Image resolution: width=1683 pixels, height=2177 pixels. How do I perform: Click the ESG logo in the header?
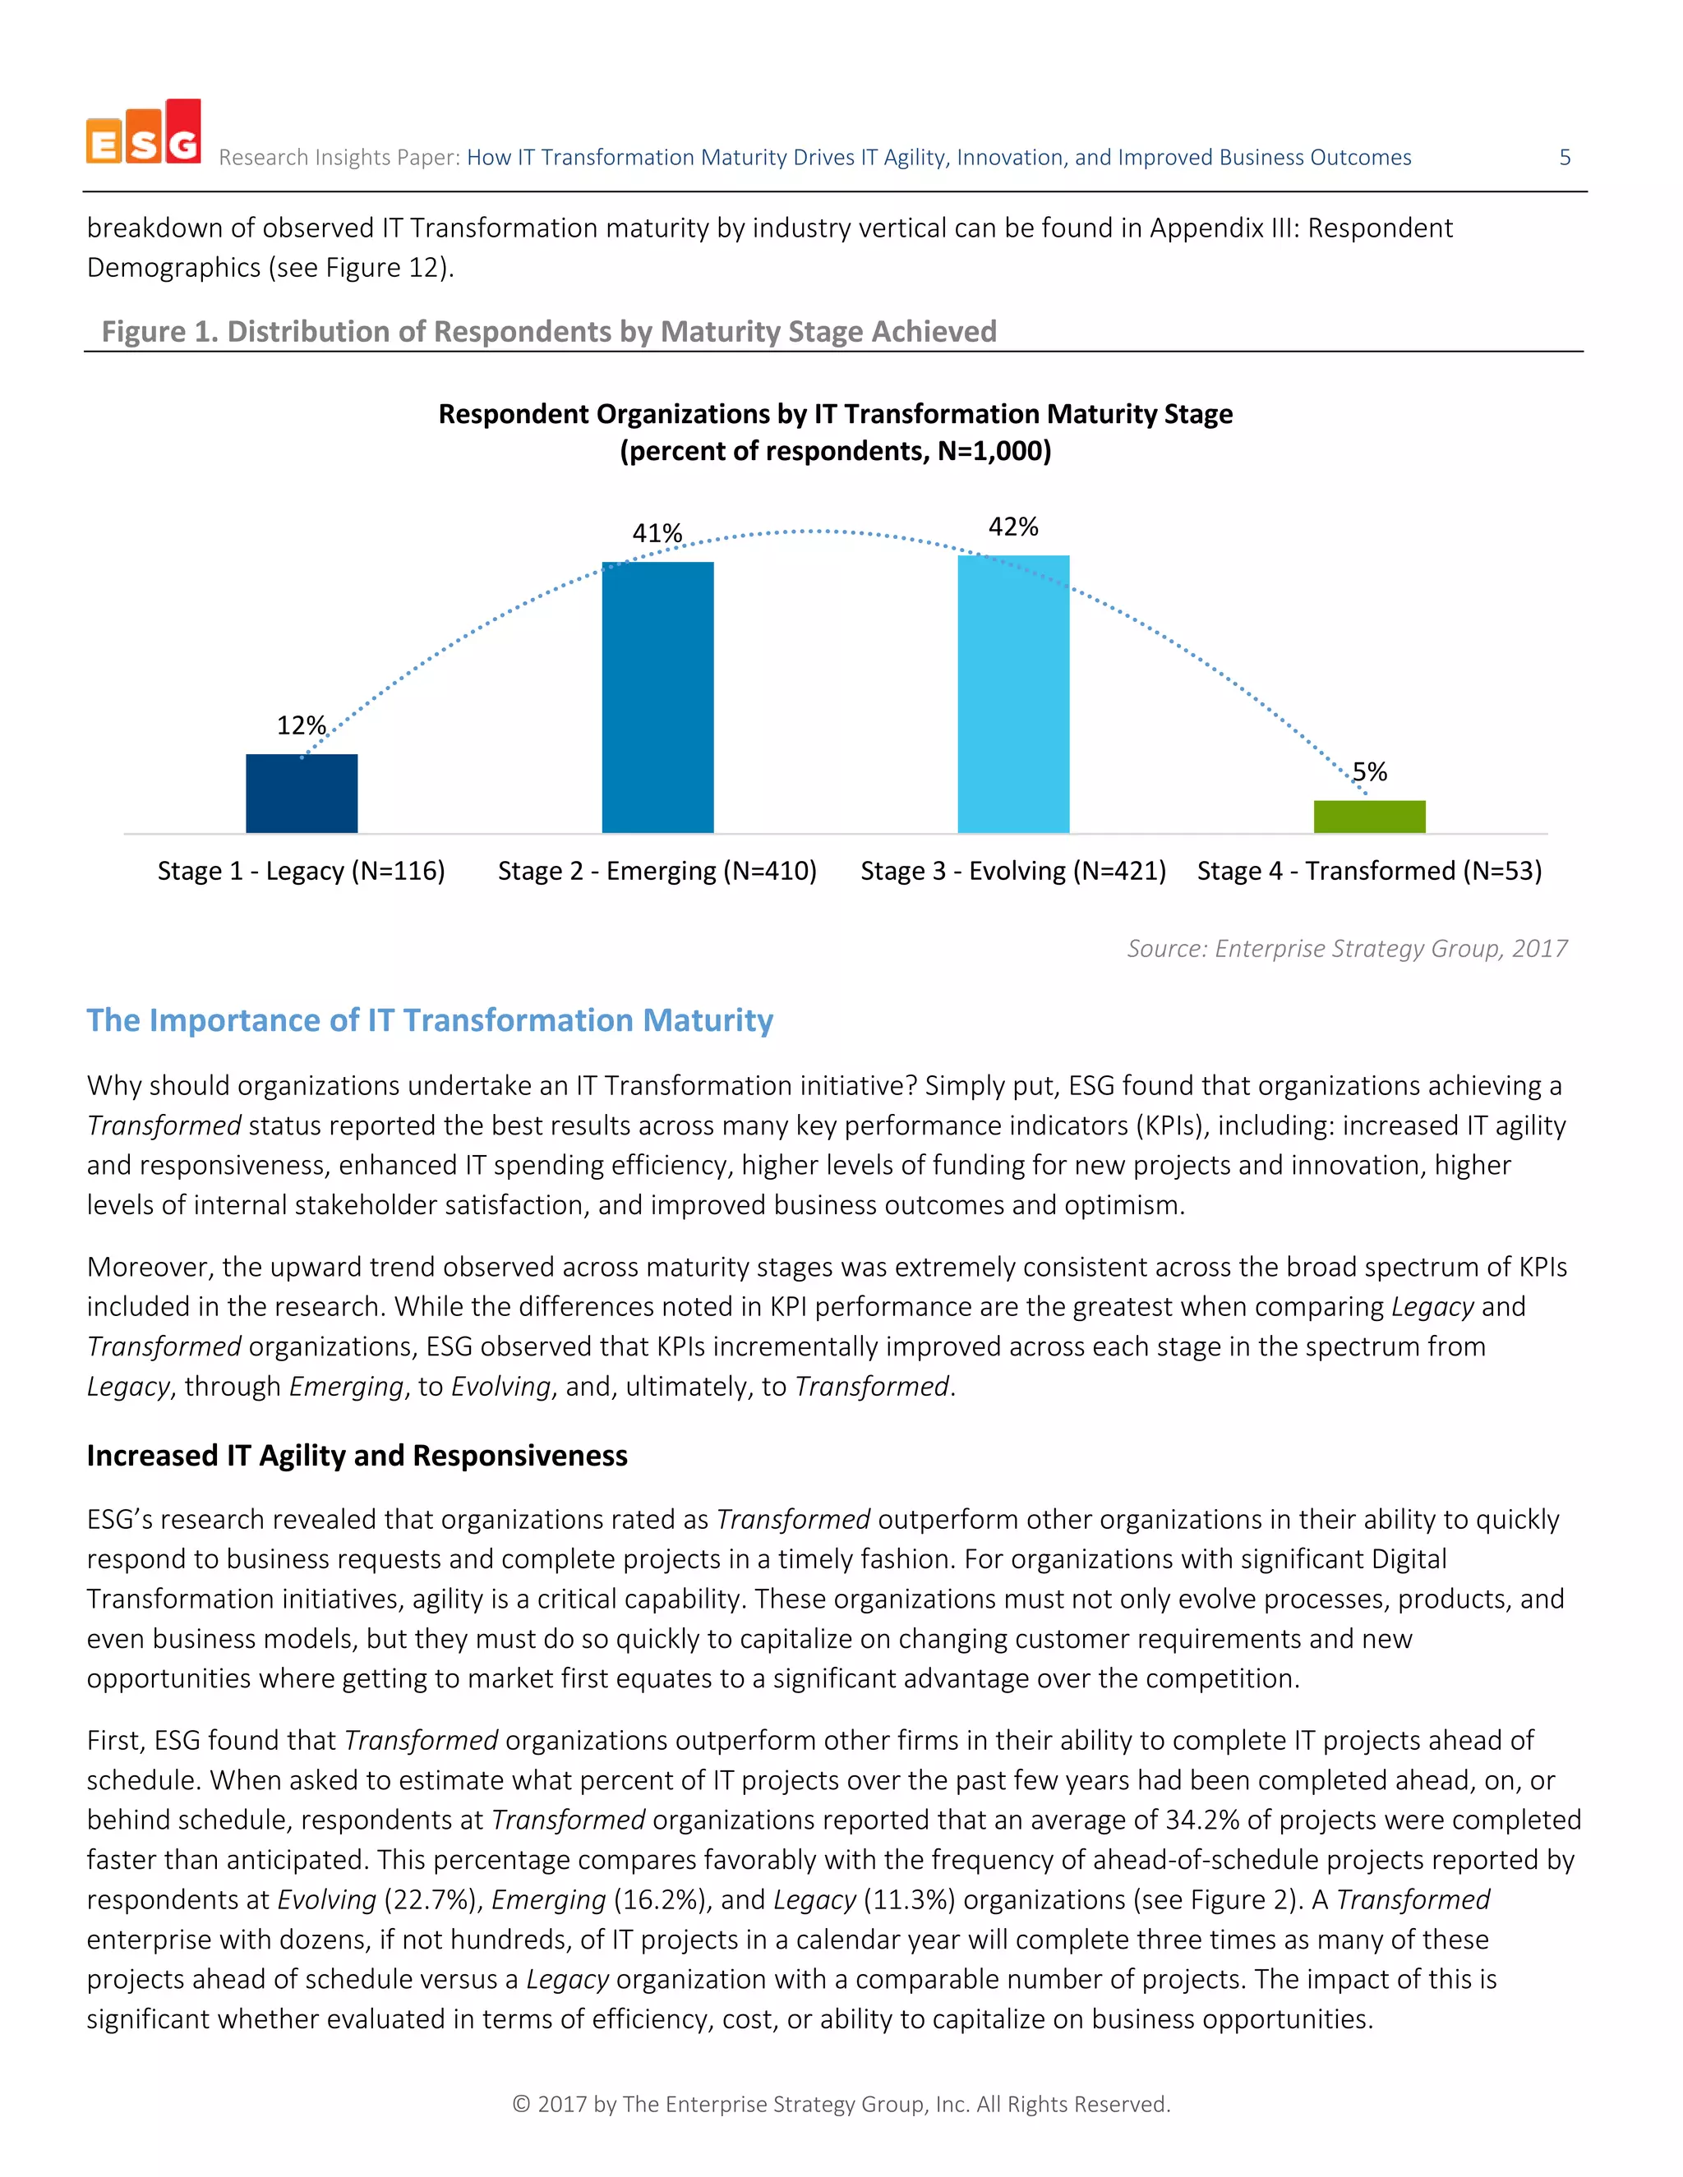tap(144, 132)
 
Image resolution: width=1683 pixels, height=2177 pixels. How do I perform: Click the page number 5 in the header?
tap(1565, 158)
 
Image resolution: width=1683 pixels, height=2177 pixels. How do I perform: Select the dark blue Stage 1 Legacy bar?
tap(301, 794)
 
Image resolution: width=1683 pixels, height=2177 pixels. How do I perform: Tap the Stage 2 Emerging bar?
tap(657, 697)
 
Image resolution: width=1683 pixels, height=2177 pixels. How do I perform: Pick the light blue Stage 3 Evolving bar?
tap(1013, 695)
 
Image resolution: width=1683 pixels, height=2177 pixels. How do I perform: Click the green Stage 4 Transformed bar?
tap(1369, 817)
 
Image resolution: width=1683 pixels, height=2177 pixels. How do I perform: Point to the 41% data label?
tap(657, 533)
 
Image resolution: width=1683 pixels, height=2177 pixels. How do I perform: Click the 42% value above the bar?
tap(1013, 527)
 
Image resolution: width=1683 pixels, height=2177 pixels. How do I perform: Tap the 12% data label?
tap(301, 725)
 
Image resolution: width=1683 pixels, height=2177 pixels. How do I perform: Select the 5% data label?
tap(1369, 771)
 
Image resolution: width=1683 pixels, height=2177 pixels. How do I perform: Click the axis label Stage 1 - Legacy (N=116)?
tap(301, 871)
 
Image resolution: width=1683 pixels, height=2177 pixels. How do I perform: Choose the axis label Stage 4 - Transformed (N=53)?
tap(1369, 871)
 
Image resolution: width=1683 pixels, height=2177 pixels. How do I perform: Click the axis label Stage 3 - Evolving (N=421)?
tap(1013, 871)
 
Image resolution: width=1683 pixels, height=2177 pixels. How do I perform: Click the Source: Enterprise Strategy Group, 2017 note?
tap(1347, 948)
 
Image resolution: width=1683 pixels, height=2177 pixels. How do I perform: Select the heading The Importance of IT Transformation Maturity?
tap(430, 1019)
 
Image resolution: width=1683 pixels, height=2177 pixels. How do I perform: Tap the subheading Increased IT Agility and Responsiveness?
tap(357, 1456)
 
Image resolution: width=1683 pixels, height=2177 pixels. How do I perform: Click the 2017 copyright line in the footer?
tap(841, 2103)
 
